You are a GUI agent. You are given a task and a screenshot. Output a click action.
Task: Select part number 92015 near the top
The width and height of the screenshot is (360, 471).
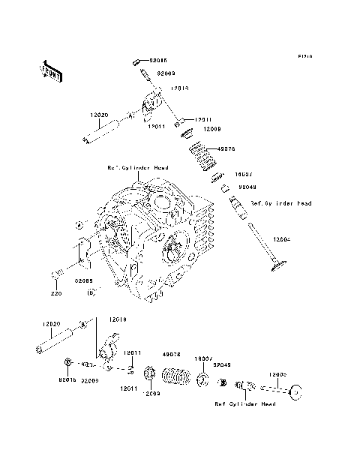pyautogui.click(x=157, y=57)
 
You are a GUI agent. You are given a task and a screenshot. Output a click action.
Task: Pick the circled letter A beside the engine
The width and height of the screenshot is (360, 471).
pyautogui.click(x=76, y=224)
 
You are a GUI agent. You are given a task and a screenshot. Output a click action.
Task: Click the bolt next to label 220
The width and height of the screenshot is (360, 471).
pyautogui.click(x=56, y=274)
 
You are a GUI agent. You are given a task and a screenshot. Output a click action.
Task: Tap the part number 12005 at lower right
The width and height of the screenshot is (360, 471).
pyautogui.click(x=278, y=374)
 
